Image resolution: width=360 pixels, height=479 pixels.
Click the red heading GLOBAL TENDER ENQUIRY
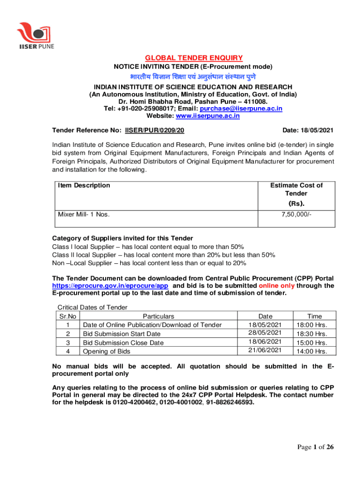point(194,58)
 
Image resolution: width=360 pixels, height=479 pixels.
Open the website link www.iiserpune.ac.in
point(207,116)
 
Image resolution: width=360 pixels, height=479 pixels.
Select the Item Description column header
point(84,185)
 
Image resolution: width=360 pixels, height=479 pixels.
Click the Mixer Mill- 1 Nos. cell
point(84,215)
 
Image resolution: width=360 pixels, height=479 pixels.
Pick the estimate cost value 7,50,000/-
point(296,215)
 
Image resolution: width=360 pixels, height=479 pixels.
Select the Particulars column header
point(158,316)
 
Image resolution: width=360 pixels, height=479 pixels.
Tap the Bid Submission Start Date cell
point(122,334)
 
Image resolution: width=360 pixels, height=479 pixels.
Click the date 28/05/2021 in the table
point(265,333)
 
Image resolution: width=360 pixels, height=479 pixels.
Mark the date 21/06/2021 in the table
point(265,350)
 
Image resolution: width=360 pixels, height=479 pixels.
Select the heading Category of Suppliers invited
point(122,238)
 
